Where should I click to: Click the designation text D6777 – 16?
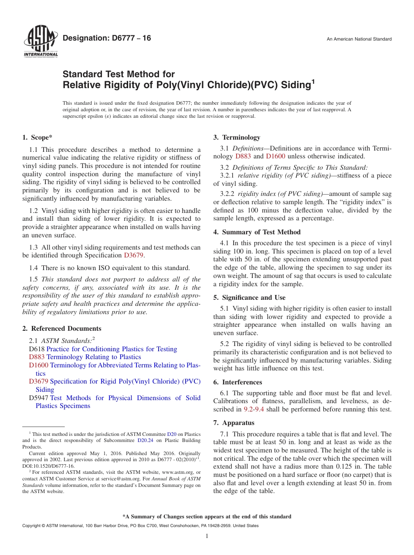coord(107,38)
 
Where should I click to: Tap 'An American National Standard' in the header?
coord(359,39)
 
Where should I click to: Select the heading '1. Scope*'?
coord(37,137)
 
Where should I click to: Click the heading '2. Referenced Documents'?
coord(62,329)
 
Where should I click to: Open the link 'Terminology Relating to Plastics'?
coord(94,357)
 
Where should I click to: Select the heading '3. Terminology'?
coord(237,137)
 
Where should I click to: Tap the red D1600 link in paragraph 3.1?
coord(275,156)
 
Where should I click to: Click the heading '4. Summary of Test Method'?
coord(257,232)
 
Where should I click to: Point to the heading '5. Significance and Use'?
coord(249,298)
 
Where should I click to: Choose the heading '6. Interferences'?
coord(238,382)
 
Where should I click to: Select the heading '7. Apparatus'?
coord(234,423)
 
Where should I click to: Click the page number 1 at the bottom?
coord(207,536)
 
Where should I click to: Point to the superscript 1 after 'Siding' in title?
coord(312,81)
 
